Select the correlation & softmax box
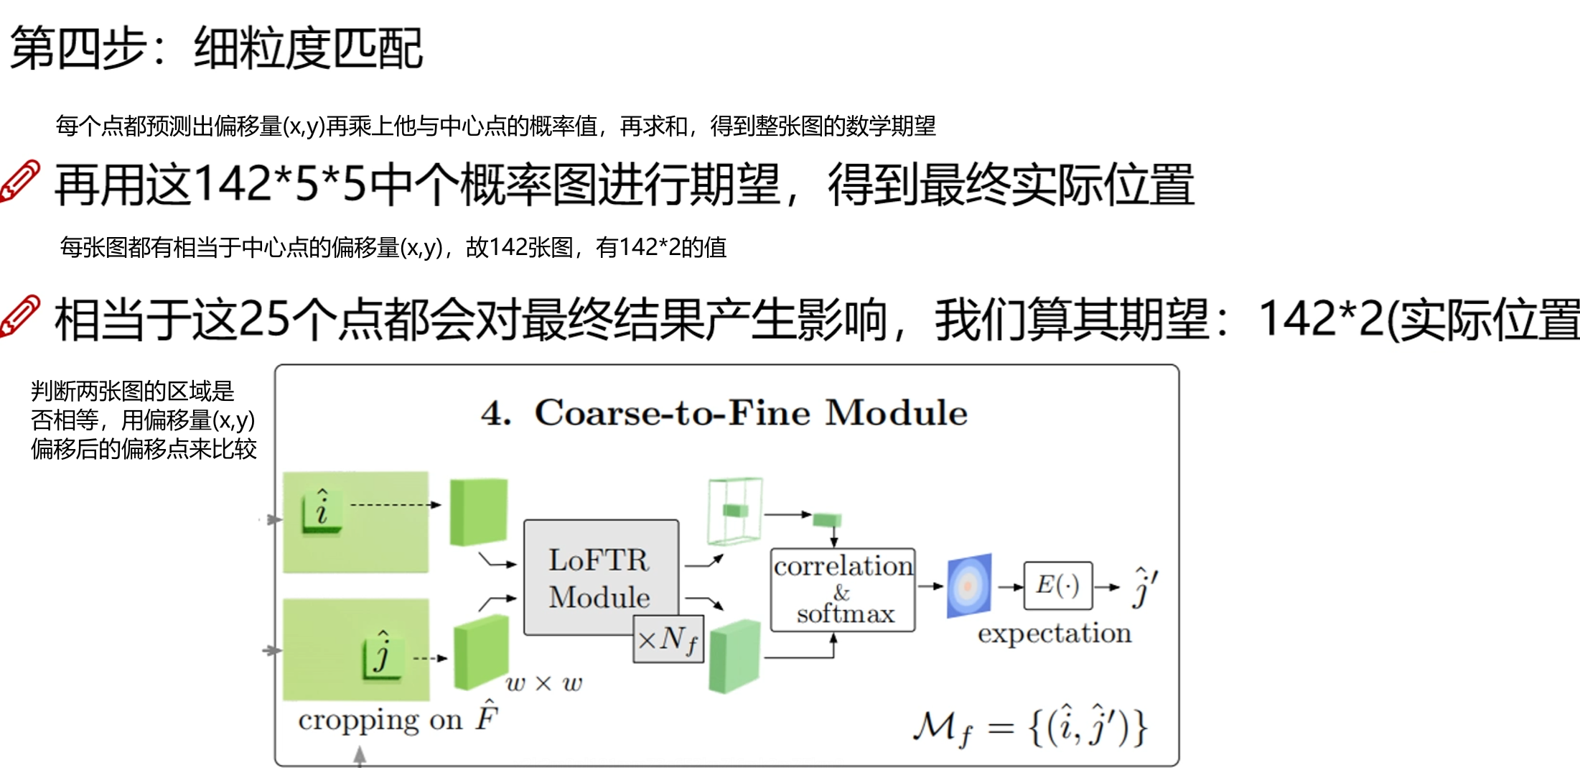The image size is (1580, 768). coord(843,590)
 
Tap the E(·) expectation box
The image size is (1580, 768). coord(1057,586)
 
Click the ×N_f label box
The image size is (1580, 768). coord(668,639)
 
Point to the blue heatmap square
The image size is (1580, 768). coord(969,586)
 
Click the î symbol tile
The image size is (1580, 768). coord(322,510)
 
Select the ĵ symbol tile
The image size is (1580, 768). coord(383,653)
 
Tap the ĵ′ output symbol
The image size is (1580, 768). coord(1144,587)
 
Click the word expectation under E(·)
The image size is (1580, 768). coord(1054,634)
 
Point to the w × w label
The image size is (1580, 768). coord(543,683)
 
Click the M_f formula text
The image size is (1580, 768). coord(1030,727)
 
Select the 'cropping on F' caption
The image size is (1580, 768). coord(398,718)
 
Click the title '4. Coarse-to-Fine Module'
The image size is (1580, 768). coord(724,413)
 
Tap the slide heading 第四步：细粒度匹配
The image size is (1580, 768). coord(215,48)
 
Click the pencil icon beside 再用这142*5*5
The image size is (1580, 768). coord(20,181)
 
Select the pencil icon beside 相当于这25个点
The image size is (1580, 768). coord(20,315)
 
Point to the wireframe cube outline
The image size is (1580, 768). coord(734,510)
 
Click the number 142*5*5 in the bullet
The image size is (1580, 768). coord(280,184)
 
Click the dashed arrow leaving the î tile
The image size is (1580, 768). coord(395,505)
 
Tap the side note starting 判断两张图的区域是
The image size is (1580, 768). coord(143,420)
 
